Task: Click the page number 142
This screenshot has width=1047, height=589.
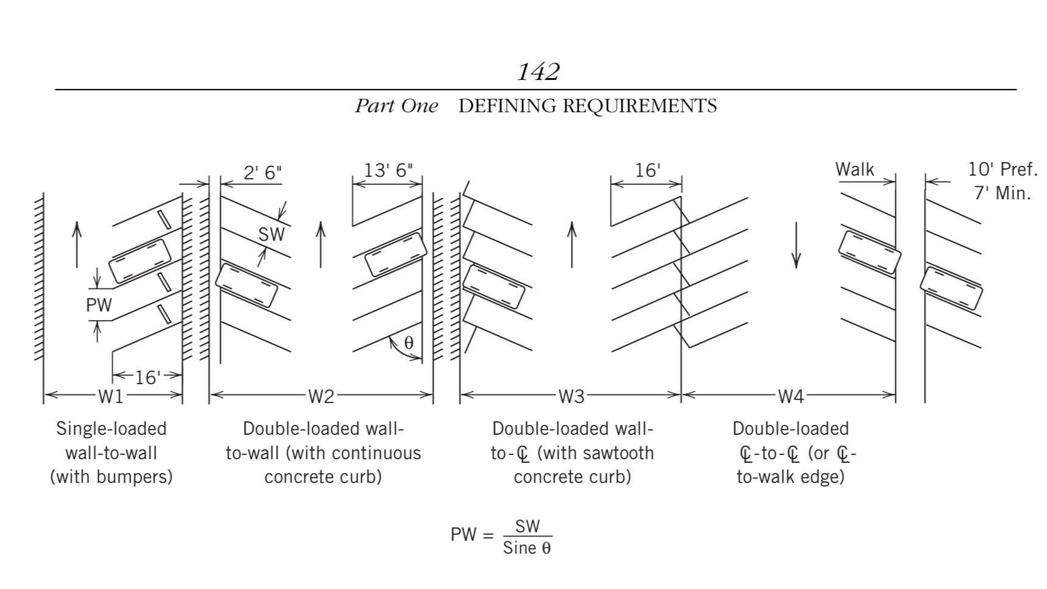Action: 538,72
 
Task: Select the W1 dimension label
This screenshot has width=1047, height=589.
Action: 111,397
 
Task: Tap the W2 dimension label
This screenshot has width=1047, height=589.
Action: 321,397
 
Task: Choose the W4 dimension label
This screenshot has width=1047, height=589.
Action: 790,397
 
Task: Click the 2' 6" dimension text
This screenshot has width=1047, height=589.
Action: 263,173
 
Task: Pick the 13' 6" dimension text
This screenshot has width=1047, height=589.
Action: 388,170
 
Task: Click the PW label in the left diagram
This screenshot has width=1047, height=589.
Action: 99,305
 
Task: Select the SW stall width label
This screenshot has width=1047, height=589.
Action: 271,234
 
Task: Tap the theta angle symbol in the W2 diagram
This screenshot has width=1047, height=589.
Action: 409,343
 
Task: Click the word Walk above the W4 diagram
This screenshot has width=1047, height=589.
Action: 854,170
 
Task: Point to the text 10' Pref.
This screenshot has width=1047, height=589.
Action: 1002,170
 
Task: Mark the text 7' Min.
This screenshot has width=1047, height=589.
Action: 1002,193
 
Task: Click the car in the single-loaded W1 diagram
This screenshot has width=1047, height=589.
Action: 140,260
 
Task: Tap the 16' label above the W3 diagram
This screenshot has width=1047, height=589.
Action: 647,170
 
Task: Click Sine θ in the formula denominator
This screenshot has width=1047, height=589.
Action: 527,548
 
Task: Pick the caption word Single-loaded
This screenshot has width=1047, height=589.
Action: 111,429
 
